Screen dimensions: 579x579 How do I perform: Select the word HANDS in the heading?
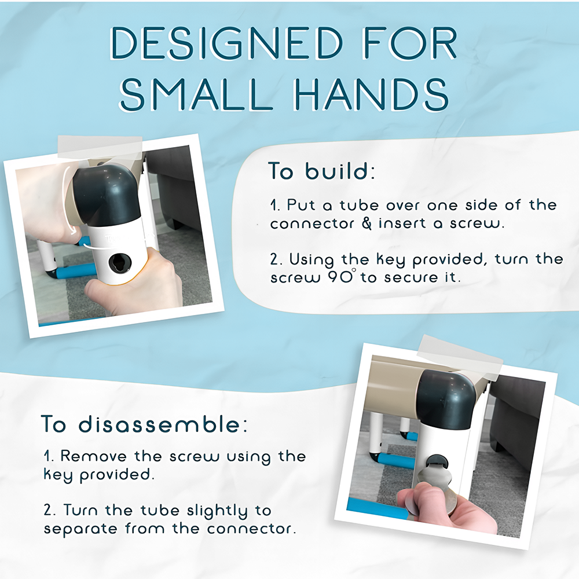372,94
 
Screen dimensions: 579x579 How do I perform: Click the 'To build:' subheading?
321,171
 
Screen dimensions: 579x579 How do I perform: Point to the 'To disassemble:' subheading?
144,424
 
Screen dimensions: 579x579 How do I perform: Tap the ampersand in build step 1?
367,223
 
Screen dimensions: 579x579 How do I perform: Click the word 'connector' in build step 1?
312,223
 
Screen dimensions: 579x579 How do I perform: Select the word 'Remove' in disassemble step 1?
93,456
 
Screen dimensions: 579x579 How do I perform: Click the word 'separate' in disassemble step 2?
80,530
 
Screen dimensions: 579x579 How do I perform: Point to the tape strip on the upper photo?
100,148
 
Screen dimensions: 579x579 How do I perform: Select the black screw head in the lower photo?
437,461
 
